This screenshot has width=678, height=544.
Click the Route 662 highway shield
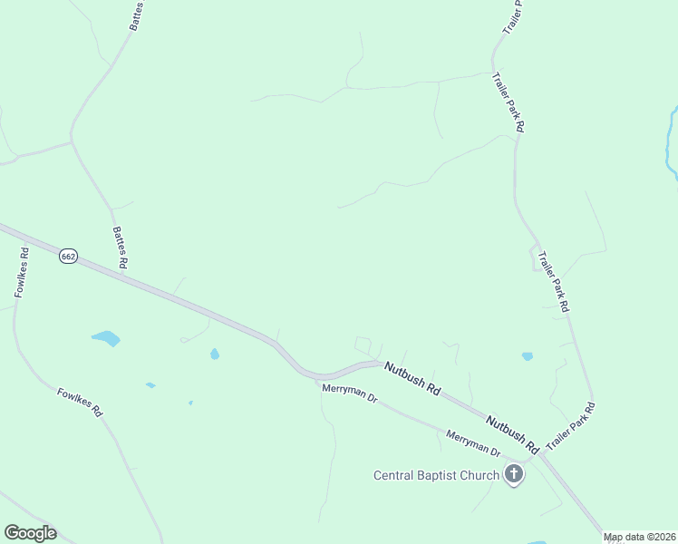[68, 257]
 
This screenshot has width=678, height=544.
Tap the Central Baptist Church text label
[437, 475]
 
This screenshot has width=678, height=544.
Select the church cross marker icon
[514, 474]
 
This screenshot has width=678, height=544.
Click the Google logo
[30, 533]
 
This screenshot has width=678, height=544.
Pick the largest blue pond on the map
[106, 338]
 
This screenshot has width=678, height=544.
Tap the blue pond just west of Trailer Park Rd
[528, 356]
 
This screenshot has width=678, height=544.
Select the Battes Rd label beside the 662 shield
[119, 246]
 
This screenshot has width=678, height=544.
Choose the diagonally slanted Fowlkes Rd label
[80, 402]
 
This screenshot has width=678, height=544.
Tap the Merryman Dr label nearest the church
[473, 442]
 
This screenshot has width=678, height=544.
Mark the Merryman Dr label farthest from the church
[349, 393]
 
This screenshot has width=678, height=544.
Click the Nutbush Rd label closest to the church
[512, 434]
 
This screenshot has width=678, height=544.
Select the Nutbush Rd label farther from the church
[412, 378]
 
